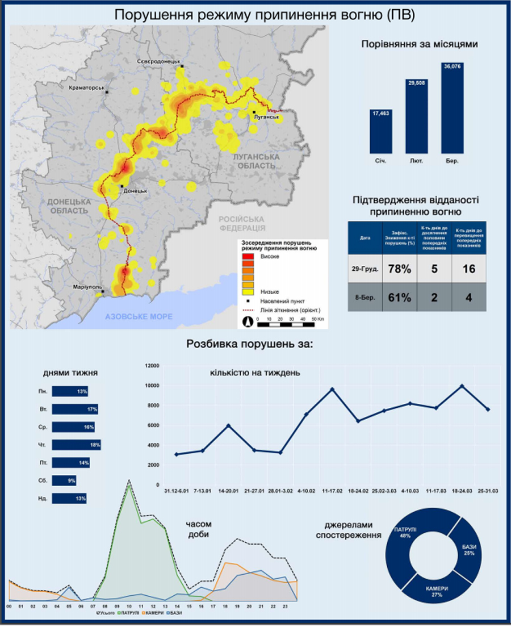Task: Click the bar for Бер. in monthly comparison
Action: (456, 108)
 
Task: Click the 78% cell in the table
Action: (400, 269)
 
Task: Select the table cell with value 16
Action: (469, 269)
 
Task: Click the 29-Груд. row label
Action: (364, 269)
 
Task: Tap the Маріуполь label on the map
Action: (86, 287)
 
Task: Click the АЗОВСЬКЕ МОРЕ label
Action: (139, 316)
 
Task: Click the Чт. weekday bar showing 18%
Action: (76, 445)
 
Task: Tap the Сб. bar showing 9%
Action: (64, 480)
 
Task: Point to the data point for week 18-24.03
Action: (462, 386)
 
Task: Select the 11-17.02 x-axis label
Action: (332, 490)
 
